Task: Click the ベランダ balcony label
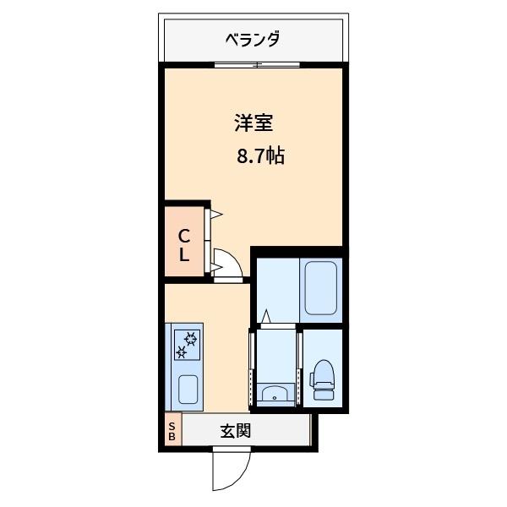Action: (x=253, y=39)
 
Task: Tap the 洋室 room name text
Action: (x=253, y=123)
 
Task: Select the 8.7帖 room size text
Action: (x=259, y=155)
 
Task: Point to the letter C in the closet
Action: (x=183, y=236)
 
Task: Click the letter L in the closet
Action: (x=183, y=254)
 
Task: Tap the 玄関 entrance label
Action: (x=236, y=431)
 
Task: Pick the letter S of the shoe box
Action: (x=172, y=426)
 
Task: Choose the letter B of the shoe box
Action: (x=172, y=437)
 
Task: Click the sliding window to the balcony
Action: (x=256, y=65)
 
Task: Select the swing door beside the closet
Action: (x=228, y=264)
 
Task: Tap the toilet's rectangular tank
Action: (x=324, y=393)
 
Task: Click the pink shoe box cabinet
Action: (x=172, y=431)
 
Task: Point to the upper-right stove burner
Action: (x=192, y=339)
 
